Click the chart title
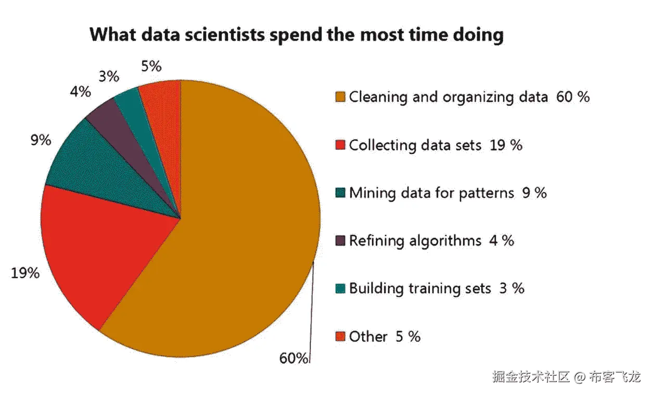(x=297, y=35)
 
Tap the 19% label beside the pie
(x=25, y=272)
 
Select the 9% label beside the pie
(x=41, y=140)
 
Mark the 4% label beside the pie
(x=80, y=92)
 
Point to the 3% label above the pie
(x=108, y=77)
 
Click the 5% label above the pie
(x=151, y=66)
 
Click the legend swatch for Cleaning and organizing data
(x=341, y=97)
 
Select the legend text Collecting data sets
(x=415, y=145)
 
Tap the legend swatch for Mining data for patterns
(x=341, y=193)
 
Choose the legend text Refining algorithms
(x=415, y=241)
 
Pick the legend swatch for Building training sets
(x=341, y=288)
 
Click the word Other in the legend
(x=368, y=336)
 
